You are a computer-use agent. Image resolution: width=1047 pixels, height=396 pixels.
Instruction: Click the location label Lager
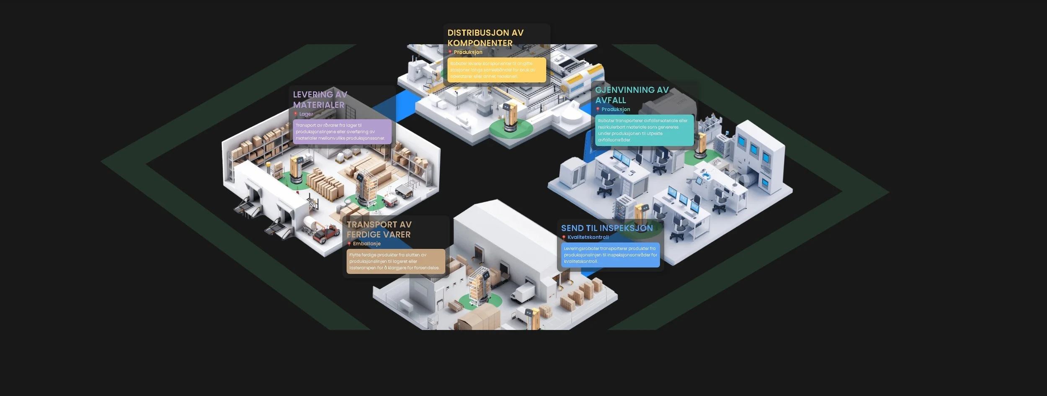coord(306,114)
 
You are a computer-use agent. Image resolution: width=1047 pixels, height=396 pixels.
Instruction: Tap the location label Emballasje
coord(367,244)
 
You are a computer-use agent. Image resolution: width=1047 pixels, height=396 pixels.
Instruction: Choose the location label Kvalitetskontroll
coord(588,237)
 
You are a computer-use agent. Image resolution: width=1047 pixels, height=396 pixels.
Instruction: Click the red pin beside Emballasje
coord(349,244)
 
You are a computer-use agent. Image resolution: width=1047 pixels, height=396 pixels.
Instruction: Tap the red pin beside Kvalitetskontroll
coord(564,238)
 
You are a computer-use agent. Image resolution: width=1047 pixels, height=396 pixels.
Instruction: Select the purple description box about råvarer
coord(342,132)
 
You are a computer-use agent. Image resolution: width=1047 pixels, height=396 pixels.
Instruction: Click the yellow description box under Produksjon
coord(497,70)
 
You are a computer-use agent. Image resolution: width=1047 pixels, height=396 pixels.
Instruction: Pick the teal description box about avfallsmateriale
coord(644,130)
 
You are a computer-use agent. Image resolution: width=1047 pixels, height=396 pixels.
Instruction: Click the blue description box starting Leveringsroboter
coord(610,255)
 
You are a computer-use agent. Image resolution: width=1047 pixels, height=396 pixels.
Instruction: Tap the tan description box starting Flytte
coord(396,261)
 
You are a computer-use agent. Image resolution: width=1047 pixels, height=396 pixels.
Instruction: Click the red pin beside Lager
coord(295,114)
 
